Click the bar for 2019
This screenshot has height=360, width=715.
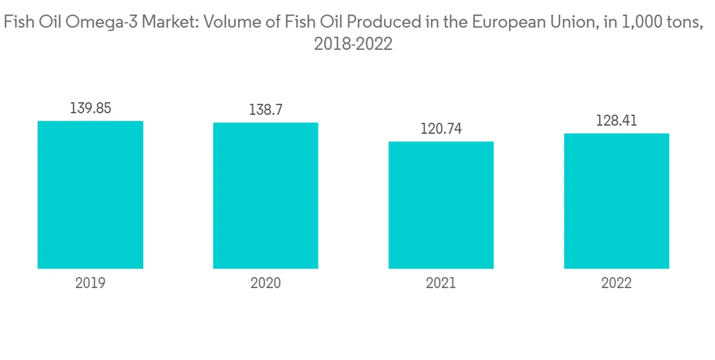(x=90, y=194)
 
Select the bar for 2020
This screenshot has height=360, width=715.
(x=265, y=195)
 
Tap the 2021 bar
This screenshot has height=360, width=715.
(x=440, y=205)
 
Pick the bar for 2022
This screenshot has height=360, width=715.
(x=616, y=201)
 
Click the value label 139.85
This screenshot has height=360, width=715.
(x=91, y=109)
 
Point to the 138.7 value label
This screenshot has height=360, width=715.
(x=265, y=111)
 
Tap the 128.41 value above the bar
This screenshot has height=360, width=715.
(x=616, y=121)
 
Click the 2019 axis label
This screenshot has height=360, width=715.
(x=90, y=284)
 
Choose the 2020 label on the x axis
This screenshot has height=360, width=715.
(x=265, y=284)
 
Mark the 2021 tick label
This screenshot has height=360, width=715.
(x=440, y=284)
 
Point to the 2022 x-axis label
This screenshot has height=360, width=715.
(x=616, y=284)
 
